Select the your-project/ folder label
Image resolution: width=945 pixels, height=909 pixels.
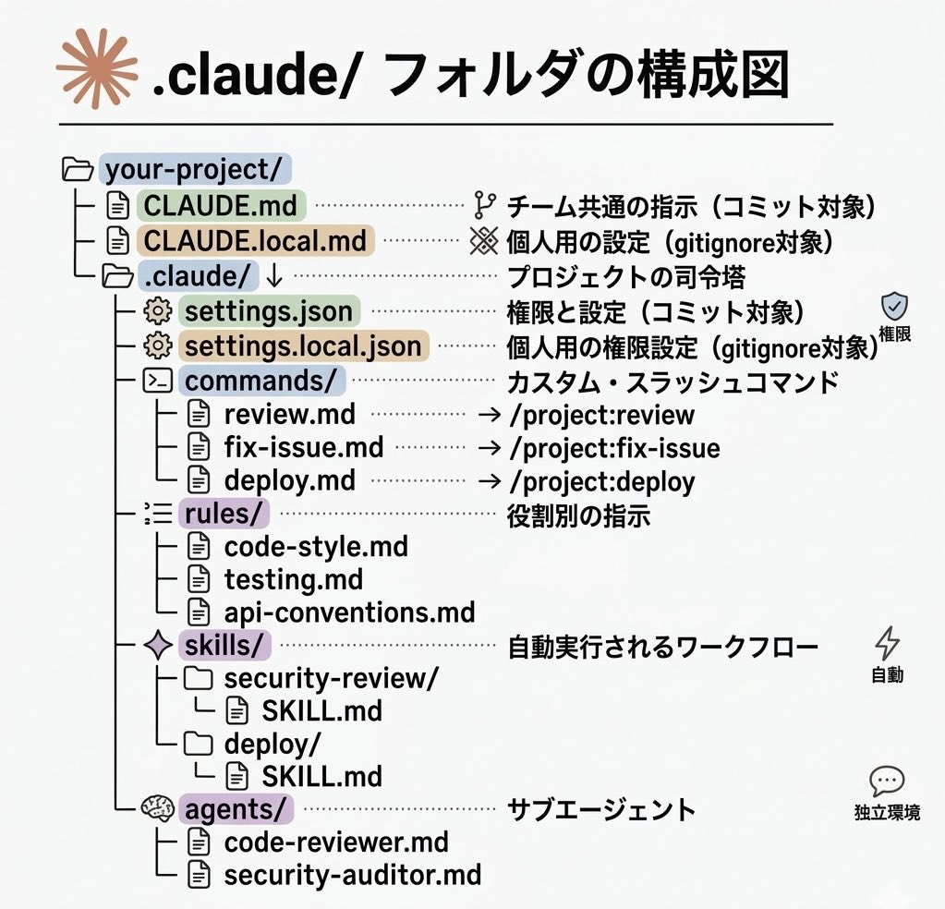click(x=194, y=170)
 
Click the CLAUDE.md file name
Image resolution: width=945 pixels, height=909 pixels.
click(x=223, y=204)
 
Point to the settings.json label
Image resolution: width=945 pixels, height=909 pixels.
click(x=269, y=311)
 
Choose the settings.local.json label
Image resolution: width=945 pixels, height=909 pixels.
click(x=304, y=346)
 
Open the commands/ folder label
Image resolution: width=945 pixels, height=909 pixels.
click(x=264, y=381)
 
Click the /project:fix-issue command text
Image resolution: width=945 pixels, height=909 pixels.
click(x=614, y=449)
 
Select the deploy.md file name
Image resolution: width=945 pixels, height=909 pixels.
click(x=289, y=481)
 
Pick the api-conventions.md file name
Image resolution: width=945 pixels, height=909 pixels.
click(x=349, y=612)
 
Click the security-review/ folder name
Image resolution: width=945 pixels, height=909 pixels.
click(x=331, y=678)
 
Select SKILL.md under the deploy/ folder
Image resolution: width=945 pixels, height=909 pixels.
click(x=321, y=775)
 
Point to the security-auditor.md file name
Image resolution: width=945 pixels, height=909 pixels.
click(x=352, y=874)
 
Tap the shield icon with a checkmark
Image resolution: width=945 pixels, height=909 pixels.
click(x=894, y=307)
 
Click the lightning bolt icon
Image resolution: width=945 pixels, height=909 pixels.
click(x=887, y=643)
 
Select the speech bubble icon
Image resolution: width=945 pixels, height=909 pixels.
click(x=887, y=782)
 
